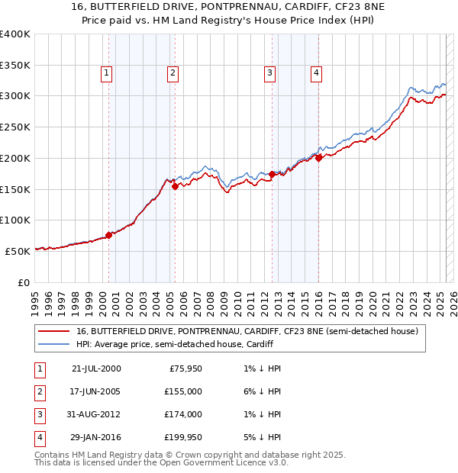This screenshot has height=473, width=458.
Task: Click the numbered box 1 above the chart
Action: [105, 73]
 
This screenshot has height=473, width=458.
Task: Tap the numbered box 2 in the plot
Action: [173, 73]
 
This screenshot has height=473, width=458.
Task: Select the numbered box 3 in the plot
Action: [269, 73]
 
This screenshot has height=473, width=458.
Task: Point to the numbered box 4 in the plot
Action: [315, 73]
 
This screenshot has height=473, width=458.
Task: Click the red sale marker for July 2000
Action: [108, 235]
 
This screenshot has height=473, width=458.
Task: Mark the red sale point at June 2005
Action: [175, 186]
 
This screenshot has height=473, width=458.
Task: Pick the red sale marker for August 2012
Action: [272, 175]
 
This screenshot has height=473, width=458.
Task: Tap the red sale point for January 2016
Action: [318, 159]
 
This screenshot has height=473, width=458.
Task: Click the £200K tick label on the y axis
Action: [15, 158]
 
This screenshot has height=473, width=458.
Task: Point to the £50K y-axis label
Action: [18, 251]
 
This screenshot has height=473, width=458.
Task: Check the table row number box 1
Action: [38, 369]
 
